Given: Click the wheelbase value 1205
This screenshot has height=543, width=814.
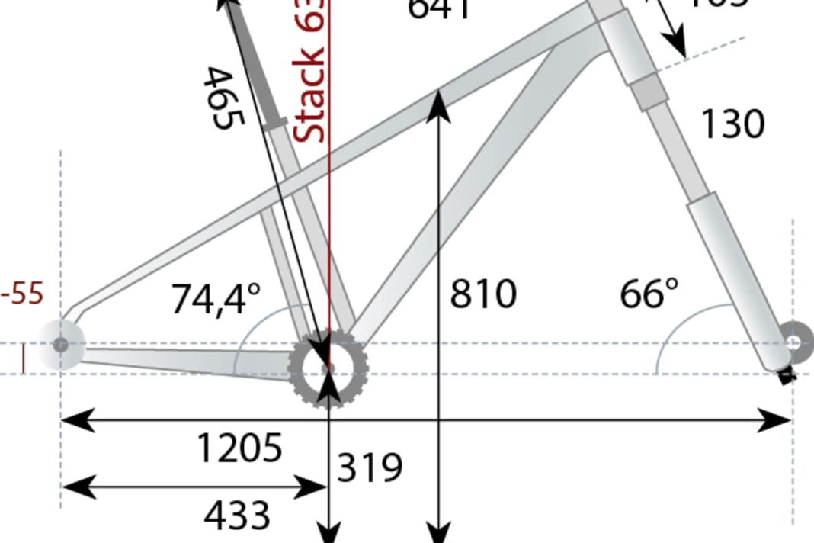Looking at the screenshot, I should pyautogui.click(x=239, y=448).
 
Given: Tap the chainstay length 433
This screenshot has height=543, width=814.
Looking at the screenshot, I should pyautogui.click(x=237, y=516).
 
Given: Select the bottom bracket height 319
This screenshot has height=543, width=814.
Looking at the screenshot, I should pyautogui.click(x=370, y=467).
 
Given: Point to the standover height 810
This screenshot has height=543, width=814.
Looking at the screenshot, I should pyautogui.click(x=482, y=294).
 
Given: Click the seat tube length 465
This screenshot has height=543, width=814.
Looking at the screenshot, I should pyautogui.click(x=223, y=98).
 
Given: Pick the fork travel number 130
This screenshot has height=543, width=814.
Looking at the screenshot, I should pyautogui.click(x=732, y=124).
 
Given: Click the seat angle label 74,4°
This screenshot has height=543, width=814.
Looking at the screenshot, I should pyautogui.click(x=216, y=299).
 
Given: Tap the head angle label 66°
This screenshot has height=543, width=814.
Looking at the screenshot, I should pyautogui.click(x=649, y=294).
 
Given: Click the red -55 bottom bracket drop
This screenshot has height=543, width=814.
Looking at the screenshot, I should pyautogui.click(x=23, y=294).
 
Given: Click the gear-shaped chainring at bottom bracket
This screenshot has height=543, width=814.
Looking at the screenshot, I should pyautogui.click(x=328, y=368).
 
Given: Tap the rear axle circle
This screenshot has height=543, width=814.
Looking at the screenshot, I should pyautogui.click(x=60, y=345).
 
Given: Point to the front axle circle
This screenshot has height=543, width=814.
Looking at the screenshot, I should pyautogui.click(x=796, y=342).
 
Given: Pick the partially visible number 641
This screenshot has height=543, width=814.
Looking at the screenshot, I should pyautogui.click(x=439, y=9).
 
